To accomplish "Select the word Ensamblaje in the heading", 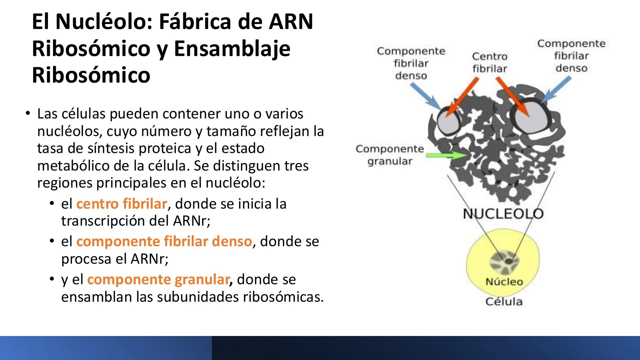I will (x=232, y=49).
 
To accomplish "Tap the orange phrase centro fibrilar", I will (x=121, y=204).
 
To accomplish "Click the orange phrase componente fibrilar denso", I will (x=164, y=241).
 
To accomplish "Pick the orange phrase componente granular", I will (x=158, y=279).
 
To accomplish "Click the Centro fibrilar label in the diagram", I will (x=489, y=62).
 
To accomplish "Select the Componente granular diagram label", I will (x=390, y=155).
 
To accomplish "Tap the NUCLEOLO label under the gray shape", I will (x=503, y=214).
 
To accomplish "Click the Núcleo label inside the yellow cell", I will (x=504, y=282).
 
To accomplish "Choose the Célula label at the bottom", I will (x=504, y=302).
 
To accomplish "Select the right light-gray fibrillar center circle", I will (x=530, y=116).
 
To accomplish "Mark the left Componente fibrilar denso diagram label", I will (x=411, y=63).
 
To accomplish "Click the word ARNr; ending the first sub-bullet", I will (x=192, y=221).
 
